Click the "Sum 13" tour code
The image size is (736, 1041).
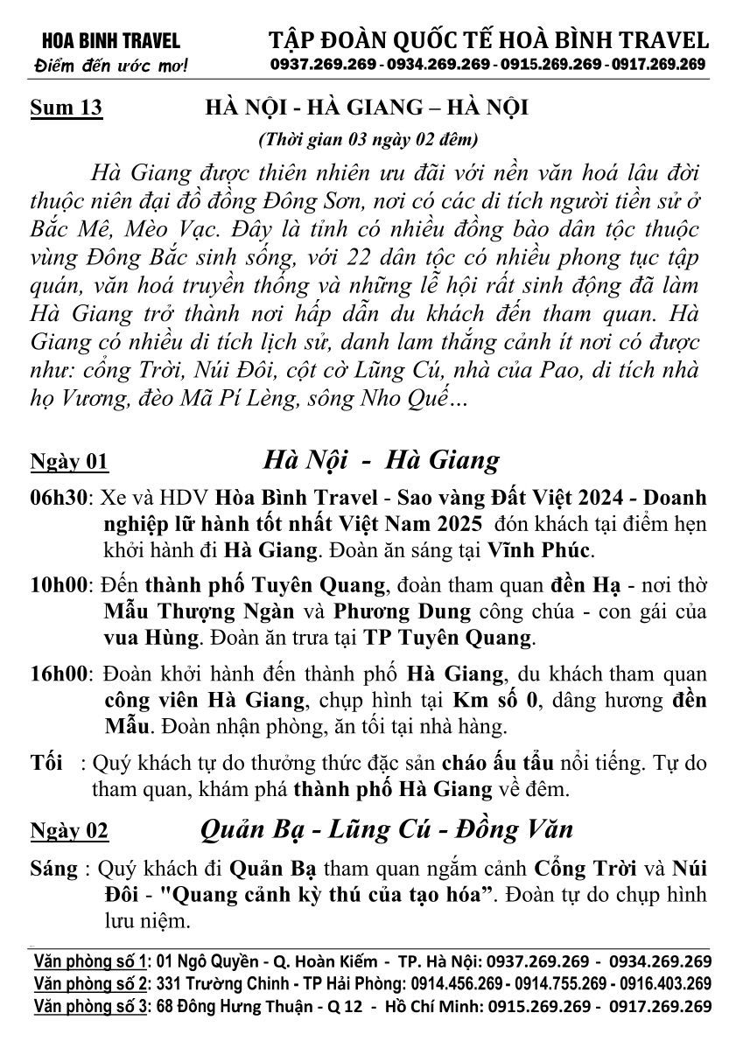tap(67, 109)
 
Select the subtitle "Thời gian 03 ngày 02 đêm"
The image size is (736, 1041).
tap(368, 139)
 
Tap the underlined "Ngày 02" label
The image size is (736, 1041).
tap(69, 830)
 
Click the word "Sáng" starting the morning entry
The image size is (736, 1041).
tap(52, 871)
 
